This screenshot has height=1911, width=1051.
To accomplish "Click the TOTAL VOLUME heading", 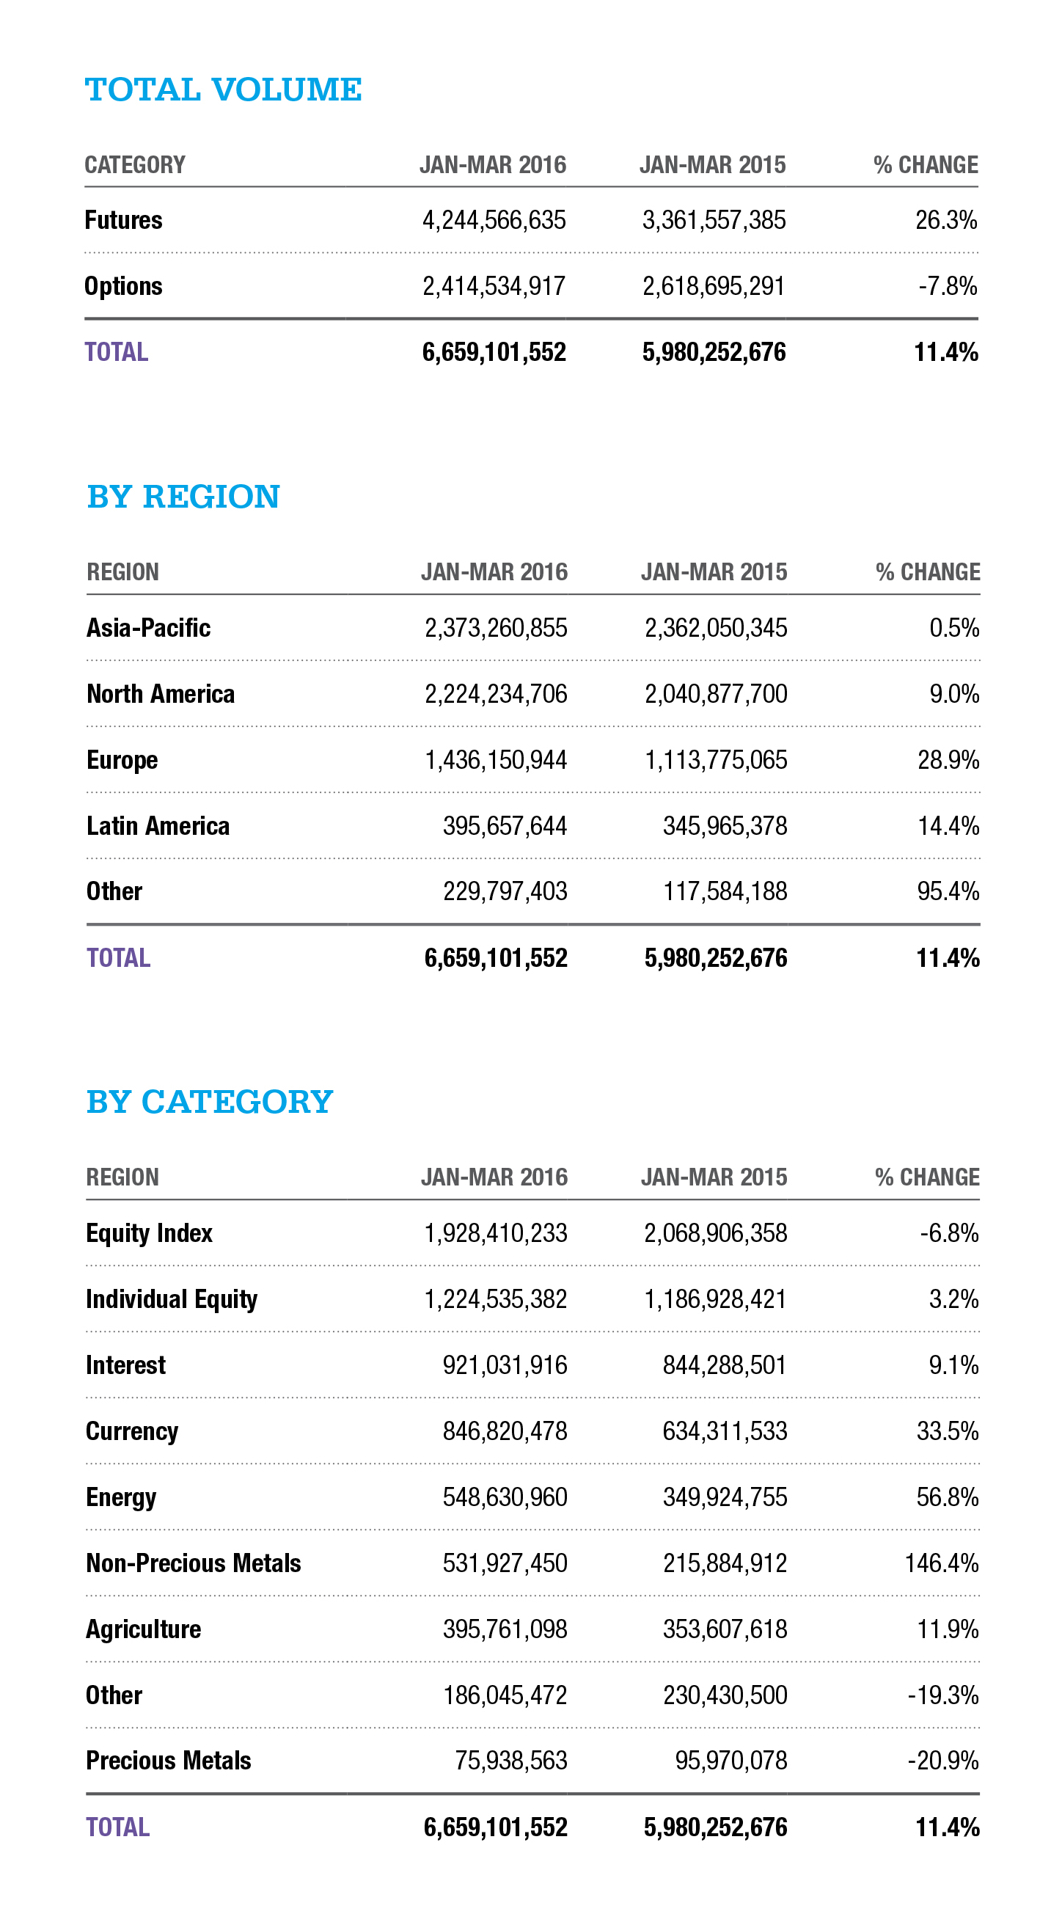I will coord(223,89).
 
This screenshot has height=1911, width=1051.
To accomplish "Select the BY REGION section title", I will coord(183,497).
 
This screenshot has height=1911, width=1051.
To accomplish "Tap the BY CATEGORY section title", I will coord(210,1102).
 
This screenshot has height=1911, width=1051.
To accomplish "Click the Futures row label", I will coord(123,220).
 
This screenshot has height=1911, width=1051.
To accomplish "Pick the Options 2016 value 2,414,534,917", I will coord(494,286).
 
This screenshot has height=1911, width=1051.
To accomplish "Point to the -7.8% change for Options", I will coord(947,286).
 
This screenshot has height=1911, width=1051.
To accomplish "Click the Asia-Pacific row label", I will coord(148,629).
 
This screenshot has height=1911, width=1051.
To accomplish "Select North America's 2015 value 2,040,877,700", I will coord(716,695).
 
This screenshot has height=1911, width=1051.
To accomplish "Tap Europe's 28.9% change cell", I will coord(948,761).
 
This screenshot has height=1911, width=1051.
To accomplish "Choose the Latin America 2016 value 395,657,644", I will coord(505,827).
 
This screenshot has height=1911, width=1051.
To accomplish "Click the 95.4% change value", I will coord(948,892).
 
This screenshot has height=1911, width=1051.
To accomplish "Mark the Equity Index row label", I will coord(149,1234).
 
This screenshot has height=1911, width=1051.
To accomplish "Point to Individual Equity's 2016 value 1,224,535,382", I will coord(496,1300).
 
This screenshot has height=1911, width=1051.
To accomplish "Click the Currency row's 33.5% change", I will coord(947,1432).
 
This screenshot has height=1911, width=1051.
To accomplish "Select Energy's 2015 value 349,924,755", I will coord(725,1498).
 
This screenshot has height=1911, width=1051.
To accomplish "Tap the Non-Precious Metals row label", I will coord(194,1564).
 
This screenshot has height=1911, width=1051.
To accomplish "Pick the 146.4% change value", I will coord(941,1564).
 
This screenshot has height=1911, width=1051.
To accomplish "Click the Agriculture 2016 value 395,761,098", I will coord(505,1630).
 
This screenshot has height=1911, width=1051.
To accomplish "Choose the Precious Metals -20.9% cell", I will coord(942,1761).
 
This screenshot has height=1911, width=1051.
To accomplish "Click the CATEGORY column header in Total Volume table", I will coord(135,164).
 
